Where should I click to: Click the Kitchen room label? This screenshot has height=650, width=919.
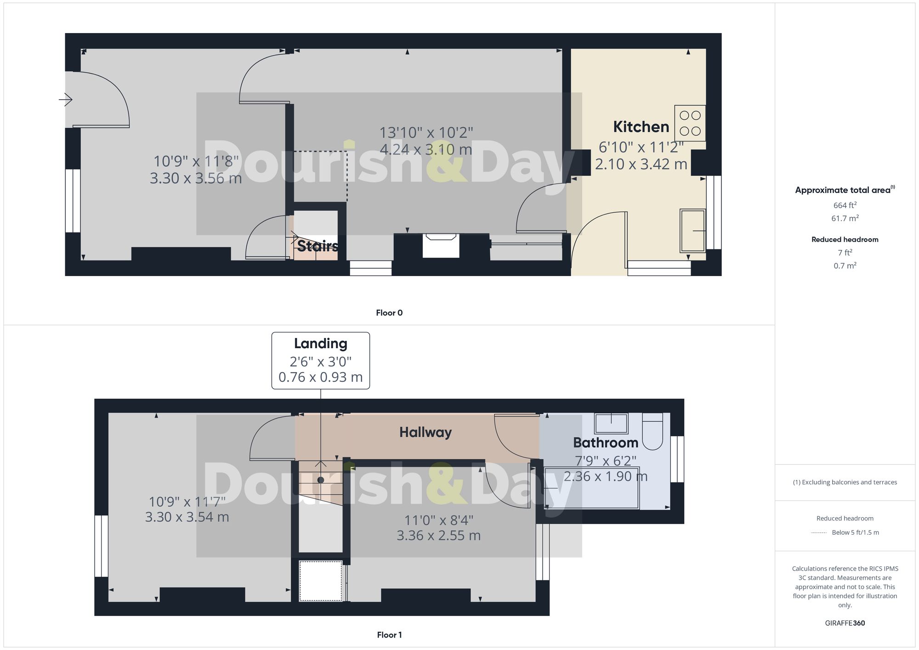641,127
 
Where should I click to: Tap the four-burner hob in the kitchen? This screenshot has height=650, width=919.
690,123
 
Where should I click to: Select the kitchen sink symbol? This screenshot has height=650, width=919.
692,231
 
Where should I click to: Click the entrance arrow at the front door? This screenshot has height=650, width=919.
66,99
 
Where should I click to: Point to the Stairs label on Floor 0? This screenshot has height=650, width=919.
318,246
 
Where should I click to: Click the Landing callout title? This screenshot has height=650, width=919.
320,344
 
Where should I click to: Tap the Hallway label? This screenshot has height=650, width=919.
425,432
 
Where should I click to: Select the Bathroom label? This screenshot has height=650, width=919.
606,443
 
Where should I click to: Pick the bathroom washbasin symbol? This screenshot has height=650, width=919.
611,423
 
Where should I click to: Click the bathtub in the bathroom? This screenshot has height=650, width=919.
591,487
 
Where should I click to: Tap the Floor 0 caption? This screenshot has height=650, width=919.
389,313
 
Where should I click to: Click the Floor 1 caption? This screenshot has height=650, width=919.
389,635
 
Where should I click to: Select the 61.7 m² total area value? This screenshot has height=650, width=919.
845,218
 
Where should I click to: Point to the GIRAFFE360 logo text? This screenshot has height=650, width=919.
845,623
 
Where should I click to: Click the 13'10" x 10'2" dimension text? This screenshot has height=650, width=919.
426,133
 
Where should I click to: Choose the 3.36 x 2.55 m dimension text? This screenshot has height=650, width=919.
438,536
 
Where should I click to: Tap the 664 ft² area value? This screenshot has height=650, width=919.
845,205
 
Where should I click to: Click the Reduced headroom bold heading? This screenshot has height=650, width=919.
845,239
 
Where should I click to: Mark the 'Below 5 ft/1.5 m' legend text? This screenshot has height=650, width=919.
855,532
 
